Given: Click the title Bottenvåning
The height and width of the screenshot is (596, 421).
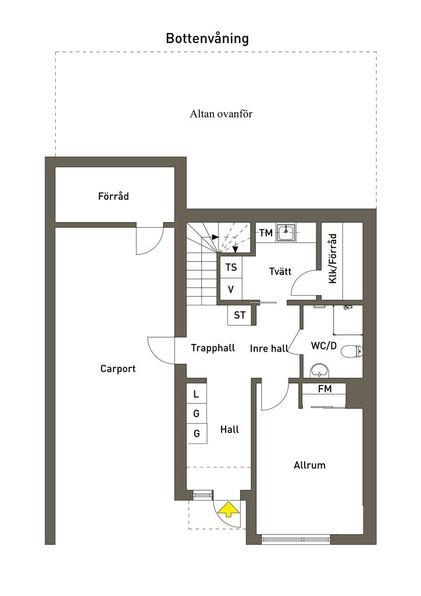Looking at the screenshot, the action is click(x=207, y=38).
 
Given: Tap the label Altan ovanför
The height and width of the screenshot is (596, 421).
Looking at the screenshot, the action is click(x=221, y=113).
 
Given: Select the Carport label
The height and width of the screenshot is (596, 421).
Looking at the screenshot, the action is click(x=117, y=368).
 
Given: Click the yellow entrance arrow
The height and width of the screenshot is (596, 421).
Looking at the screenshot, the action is click(x=229, y=509).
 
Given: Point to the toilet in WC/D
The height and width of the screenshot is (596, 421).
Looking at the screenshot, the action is click(x=352, y=352).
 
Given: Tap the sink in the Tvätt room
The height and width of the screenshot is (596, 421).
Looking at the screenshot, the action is click(x=286, y=233).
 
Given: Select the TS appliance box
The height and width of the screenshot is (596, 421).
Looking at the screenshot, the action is click(x=231, y=268).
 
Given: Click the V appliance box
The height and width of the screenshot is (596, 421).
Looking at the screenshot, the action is click(x=231, y=290).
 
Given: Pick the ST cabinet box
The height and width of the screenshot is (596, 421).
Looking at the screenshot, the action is click(x=240, y=315).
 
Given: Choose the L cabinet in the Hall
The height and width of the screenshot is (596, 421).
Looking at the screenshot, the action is click(x=197, y=394).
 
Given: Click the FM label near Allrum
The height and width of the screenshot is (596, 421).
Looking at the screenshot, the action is click(x=325, y=389).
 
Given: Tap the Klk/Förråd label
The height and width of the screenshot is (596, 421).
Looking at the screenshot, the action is click(x=333, y=258).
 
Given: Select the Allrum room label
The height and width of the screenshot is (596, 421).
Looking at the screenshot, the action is click(x=309, y=465).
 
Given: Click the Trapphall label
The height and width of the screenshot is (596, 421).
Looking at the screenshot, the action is click(x=213, y=348).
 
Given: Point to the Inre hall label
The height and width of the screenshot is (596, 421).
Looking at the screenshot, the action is click(x=269, y=349).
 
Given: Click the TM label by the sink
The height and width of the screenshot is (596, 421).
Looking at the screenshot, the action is click(x=266, y=233).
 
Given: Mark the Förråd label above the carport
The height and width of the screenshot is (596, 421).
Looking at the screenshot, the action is click(x=113, y=196).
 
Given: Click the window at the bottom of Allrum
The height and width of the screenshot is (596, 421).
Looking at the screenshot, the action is click(x=297, y=539).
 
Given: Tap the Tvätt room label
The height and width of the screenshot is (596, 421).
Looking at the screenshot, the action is click(x=280, y=271).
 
